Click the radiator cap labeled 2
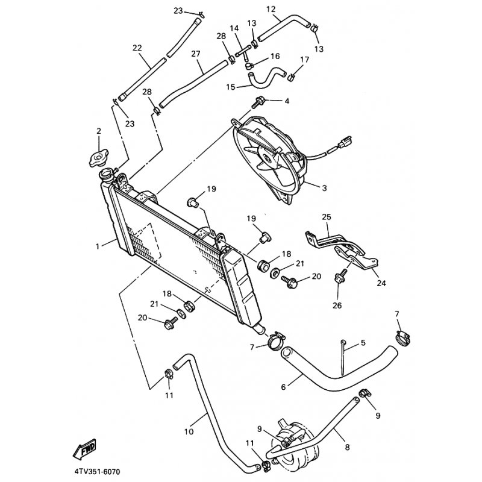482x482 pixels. (98, 158)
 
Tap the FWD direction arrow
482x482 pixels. (84, 449)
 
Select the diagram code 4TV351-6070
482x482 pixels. (96, 471)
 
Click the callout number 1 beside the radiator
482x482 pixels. (98, 246)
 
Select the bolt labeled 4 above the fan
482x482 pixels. (257, 102)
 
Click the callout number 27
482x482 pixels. (195, 54)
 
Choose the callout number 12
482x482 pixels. (271, 9)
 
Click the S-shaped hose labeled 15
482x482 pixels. (266, 77)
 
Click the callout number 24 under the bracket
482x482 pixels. (381, 283)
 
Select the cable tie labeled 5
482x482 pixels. (343, 357)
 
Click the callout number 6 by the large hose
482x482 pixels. (283, 387)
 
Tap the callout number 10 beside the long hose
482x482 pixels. (189, 431)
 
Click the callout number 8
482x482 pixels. (348, 447)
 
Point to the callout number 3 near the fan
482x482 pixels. (324, 187)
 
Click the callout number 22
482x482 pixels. (137, 48)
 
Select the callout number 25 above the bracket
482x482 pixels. (327, 217)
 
